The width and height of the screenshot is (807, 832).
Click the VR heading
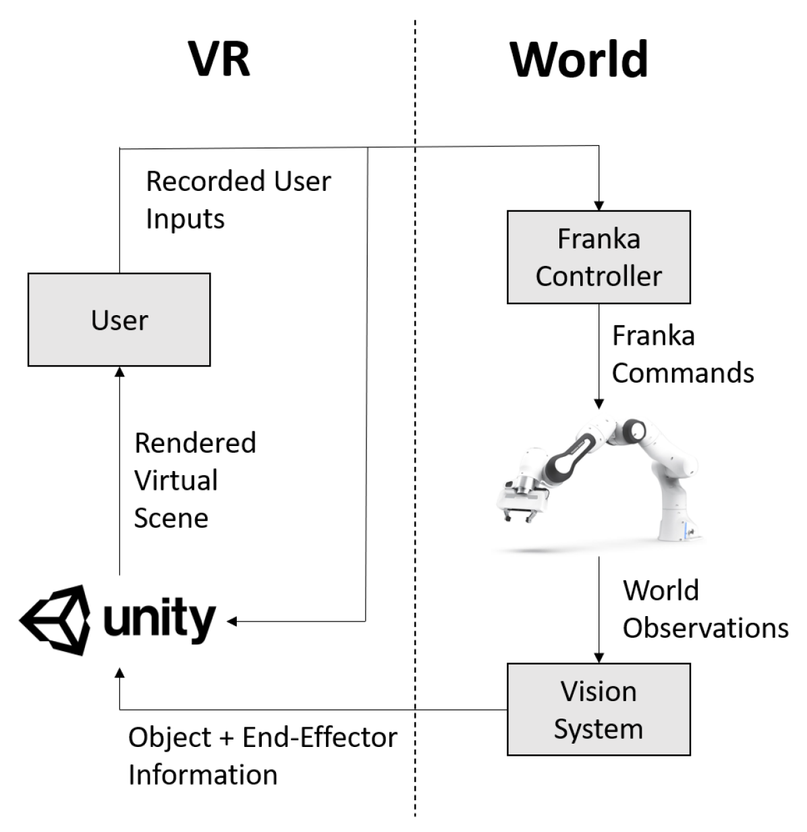pos(219,59)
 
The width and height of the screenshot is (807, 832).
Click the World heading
pos(578,60)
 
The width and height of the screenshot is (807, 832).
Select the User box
pos(119,320)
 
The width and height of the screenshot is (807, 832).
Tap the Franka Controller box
pos(599,257)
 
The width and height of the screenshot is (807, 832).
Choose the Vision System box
pos(599,709)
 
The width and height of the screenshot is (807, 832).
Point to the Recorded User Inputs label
pos(238,200)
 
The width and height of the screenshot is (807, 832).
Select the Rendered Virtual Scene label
pos(194,480)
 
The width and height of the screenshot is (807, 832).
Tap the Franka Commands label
pos(681,354)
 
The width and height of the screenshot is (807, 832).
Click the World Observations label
pos(704,609)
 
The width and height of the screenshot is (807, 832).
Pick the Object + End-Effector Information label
pos(262,756)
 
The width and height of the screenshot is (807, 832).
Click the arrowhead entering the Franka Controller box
pos(599,205)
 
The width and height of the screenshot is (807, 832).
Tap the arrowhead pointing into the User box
pos(119,372)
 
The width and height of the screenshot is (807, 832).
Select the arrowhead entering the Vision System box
pos(599,657)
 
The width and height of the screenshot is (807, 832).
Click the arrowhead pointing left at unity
pos(233,621)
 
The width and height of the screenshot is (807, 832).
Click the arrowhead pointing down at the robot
pos(599,404)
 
